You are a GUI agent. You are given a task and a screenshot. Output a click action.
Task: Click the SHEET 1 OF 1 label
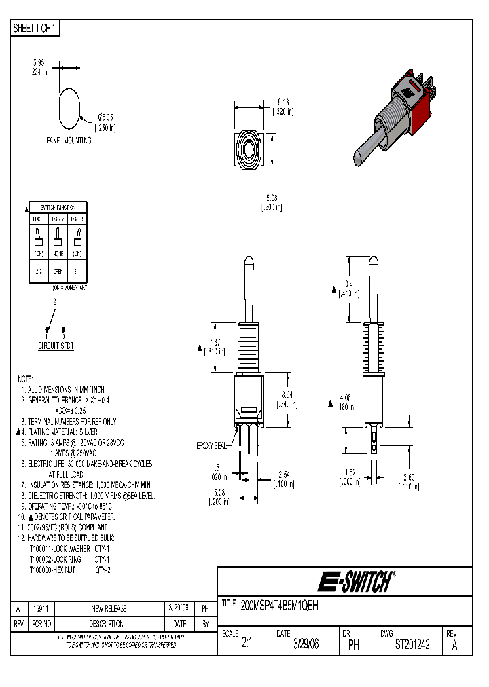point(36,29)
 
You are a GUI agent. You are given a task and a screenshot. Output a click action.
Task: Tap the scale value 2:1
point(247,645)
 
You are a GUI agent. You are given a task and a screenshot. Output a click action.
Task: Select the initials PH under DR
point(353,646)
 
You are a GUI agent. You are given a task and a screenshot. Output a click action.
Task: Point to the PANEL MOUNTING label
point(68,139)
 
